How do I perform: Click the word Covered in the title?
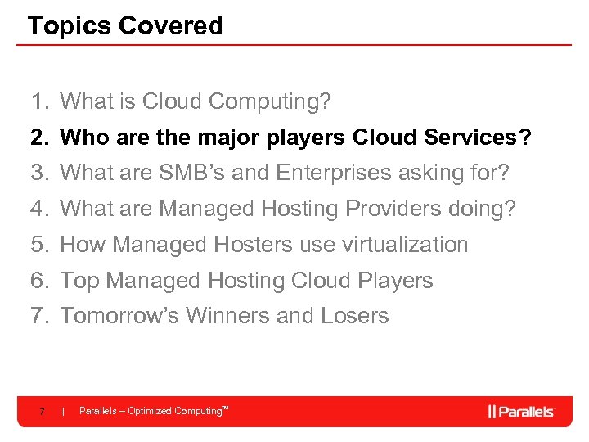click(x=170, y=25)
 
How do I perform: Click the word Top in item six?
click(x=80, y=281)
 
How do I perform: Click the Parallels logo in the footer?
click(x=522, y=411)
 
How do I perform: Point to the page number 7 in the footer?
click(x=42, y=411)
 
